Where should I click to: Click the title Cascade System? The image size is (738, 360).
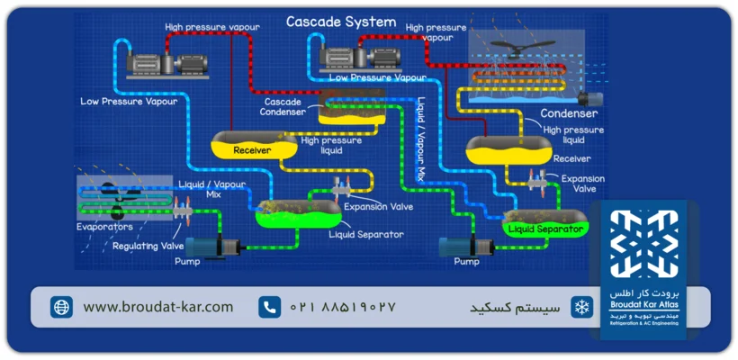point(340,22)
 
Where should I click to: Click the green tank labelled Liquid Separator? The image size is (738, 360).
point(546,227)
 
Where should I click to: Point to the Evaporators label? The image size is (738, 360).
point(103,227)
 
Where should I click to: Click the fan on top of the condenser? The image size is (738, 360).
point(521,48)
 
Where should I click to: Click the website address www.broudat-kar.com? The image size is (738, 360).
point(157,307)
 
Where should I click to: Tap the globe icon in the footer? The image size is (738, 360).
point(61,307)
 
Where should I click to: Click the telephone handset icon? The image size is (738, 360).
point(269,307)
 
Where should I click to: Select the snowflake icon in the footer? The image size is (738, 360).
point(582,307)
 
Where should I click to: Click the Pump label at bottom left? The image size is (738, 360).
point(187,262)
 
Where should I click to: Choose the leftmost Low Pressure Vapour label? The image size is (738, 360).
point(128,101)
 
